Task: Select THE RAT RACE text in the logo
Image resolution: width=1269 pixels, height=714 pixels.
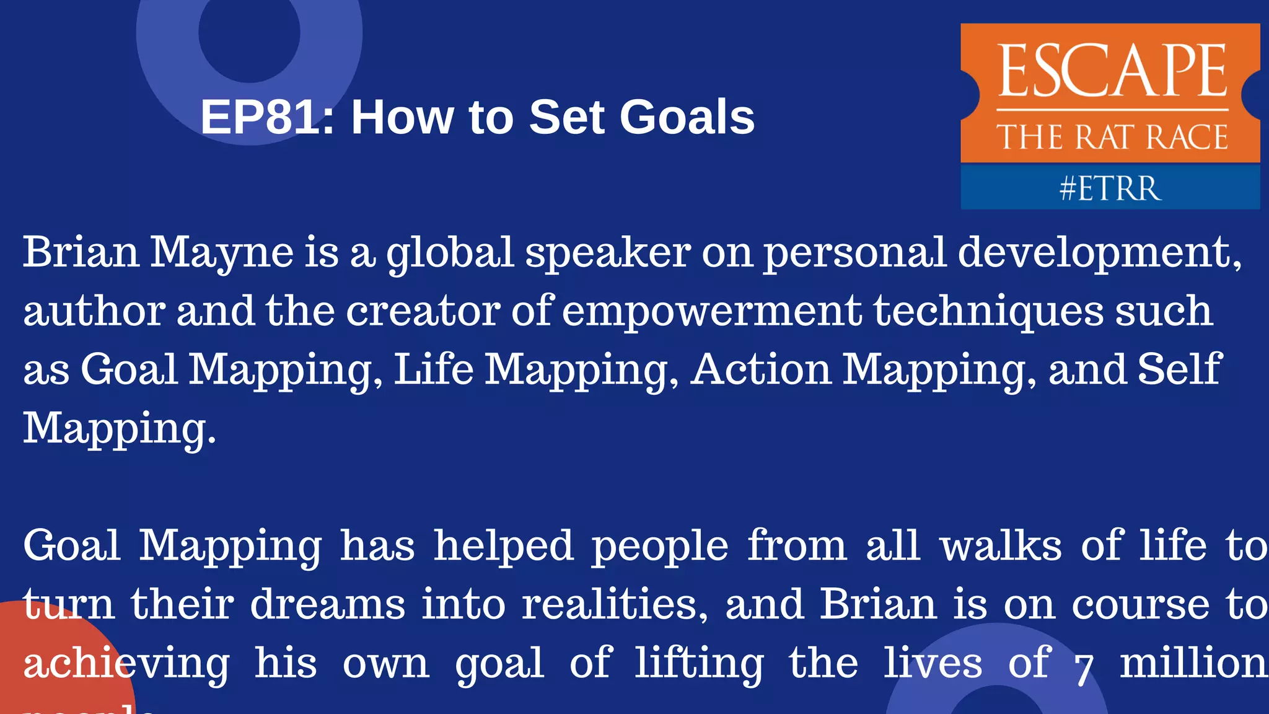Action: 1112,137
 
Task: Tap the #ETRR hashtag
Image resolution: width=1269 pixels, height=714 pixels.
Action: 1110,188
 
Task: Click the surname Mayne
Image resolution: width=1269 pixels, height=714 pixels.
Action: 222,253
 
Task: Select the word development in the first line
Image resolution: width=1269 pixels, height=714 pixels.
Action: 1099,253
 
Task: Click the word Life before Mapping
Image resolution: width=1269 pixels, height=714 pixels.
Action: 433,369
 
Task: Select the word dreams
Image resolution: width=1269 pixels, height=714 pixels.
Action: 328,604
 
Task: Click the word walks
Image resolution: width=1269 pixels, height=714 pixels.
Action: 1001,546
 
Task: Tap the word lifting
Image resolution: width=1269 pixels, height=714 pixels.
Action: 699,664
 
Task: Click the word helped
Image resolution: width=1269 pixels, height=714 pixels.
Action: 503,546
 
